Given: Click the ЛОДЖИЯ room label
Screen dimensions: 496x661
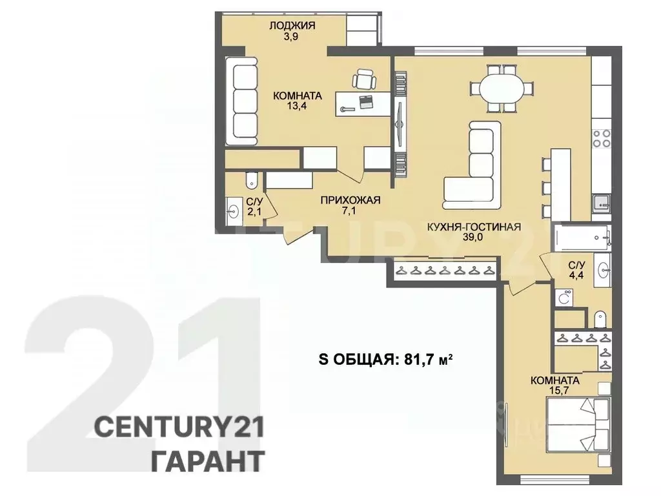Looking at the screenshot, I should coord(292,26).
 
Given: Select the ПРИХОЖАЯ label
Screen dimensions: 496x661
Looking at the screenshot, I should coord(351,200).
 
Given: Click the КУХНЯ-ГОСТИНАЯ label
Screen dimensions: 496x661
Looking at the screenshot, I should coord(474,227).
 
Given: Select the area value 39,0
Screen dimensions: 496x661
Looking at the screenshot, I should coord(474,237).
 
